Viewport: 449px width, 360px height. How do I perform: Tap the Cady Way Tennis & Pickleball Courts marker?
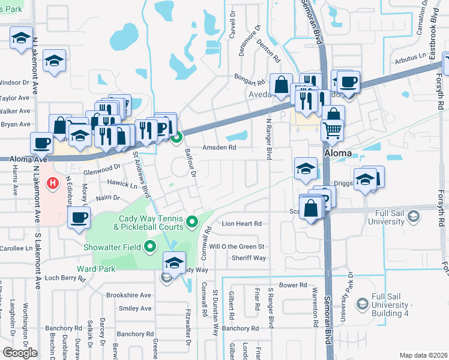pyautogui.click(x=192, y=222)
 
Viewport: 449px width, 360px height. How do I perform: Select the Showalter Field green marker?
pyautogui.click(x=150, y=247)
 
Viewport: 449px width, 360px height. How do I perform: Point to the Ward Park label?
pyautogui.click(x=96, y=269)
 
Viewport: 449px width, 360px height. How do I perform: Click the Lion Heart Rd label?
pyautogui.click(x=242, y=223)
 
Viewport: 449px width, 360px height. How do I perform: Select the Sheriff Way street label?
pyautogui.click(x=249, y=258)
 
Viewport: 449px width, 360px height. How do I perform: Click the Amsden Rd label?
pyautogui.click(x=219, y=147)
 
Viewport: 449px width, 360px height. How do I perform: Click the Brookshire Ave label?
pyautogui.click(x=128, y=295)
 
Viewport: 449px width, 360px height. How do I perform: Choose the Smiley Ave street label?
pyautogui.click(x=135, y=308)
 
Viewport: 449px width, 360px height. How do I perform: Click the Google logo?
pyautogui.click(x=20, y=353)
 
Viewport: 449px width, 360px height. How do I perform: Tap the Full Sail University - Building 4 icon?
pyautogui.click(x=362, y=305)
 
